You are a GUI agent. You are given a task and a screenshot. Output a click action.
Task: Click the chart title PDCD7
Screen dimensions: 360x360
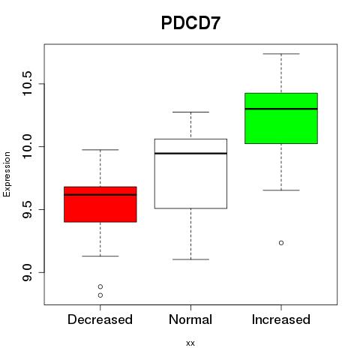point(190,23)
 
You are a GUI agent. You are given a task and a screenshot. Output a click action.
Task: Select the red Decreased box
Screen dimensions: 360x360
point(100,204)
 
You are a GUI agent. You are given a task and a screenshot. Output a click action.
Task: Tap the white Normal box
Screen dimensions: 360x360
point(190,173)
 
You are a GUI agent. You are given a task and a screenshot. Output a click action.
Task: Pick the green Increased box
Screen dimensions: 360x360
point(281,118)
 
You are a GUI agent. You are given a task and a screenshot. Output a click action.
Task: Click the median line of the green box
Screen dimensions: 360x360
point(281,109)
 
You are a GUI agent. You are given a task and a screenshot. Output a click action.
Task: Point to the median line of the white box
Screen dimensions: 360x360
point(190,153)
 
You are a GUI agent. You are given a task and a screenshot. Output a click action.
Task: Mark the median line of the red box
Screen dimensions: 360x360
point(100,194)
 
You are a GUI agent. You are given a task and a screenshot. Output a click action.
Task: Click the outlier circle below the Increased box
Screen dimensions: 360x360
point(281,243)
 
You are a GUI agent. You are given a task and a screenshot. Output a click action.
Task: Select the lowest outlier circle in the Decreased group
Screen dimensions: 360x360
point(100,295)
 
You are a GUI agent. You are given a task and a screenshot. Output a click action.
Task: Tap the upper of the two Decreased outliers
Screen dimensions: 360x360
point(100,286)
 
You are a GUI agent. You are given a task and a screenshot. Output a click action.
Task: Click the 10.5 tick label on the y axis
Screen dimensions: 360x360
point(27,84)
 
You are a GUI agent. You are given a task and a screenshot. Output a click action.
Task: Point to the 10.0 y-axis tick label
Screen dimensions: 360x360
point(27,146)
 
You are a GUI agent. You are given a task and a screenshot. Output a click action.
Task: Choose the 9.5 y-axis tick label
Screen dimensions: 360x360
point(27,209)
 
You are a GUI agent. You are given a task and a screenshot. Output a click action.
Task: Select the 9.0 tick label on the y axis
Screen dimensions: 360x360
point(27,272)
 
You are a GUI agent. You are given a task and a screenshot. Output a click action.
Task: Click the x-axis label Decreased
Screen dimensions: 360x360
point(100,319)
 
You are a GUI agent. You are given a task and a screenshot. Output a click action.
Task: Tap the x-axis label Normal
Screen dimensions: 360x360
point(190,319)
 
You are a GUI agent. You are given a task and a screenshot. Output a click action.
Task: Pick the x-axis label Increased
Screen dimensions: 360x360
point(281,319)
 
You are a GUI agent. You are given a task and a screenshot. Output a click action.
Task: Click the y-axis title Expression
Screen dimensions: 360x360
point(7,174)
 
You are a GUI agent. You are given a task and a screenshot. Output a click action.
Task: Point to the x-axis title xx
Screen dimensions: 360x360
point(190,343)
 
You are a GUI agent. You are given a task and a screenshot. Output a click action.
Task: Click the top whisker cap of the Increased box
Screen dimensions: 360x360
point(281,54)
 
